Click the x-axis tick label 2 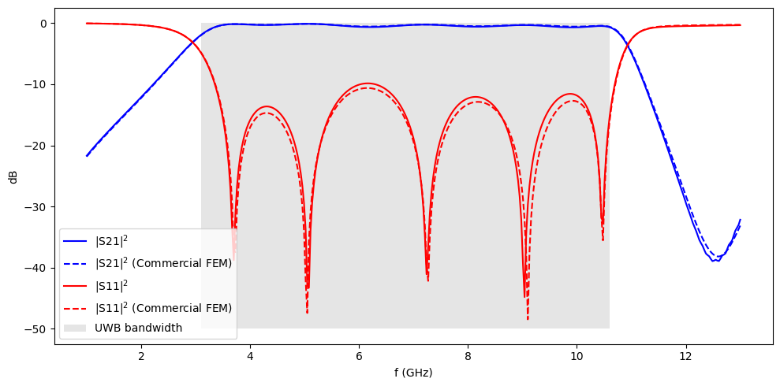pos(141,355)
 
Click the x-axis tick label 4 pos(250,355)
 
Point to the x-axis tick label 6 pos(359,355)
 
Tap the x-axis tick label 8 pos(468,355)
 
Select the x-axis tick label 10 pos(577,355)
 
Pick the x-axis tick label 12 pos(685,355)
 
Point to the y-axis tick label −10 pos(39,85)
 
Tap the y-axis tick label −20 pos(39,146)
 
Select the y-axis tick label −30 pos(39,207)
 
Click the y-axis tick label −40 pos(39,268)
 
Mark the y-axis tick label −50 pos(39,329)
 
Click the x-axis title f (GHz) pos(413,372)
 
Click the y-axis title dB pos(13,176)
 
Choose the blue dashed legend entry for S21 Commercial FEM pos(162,263)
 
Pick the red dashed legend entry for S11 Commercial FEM pos(162,307)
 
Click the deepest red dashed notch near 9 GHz pos(528,318)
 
